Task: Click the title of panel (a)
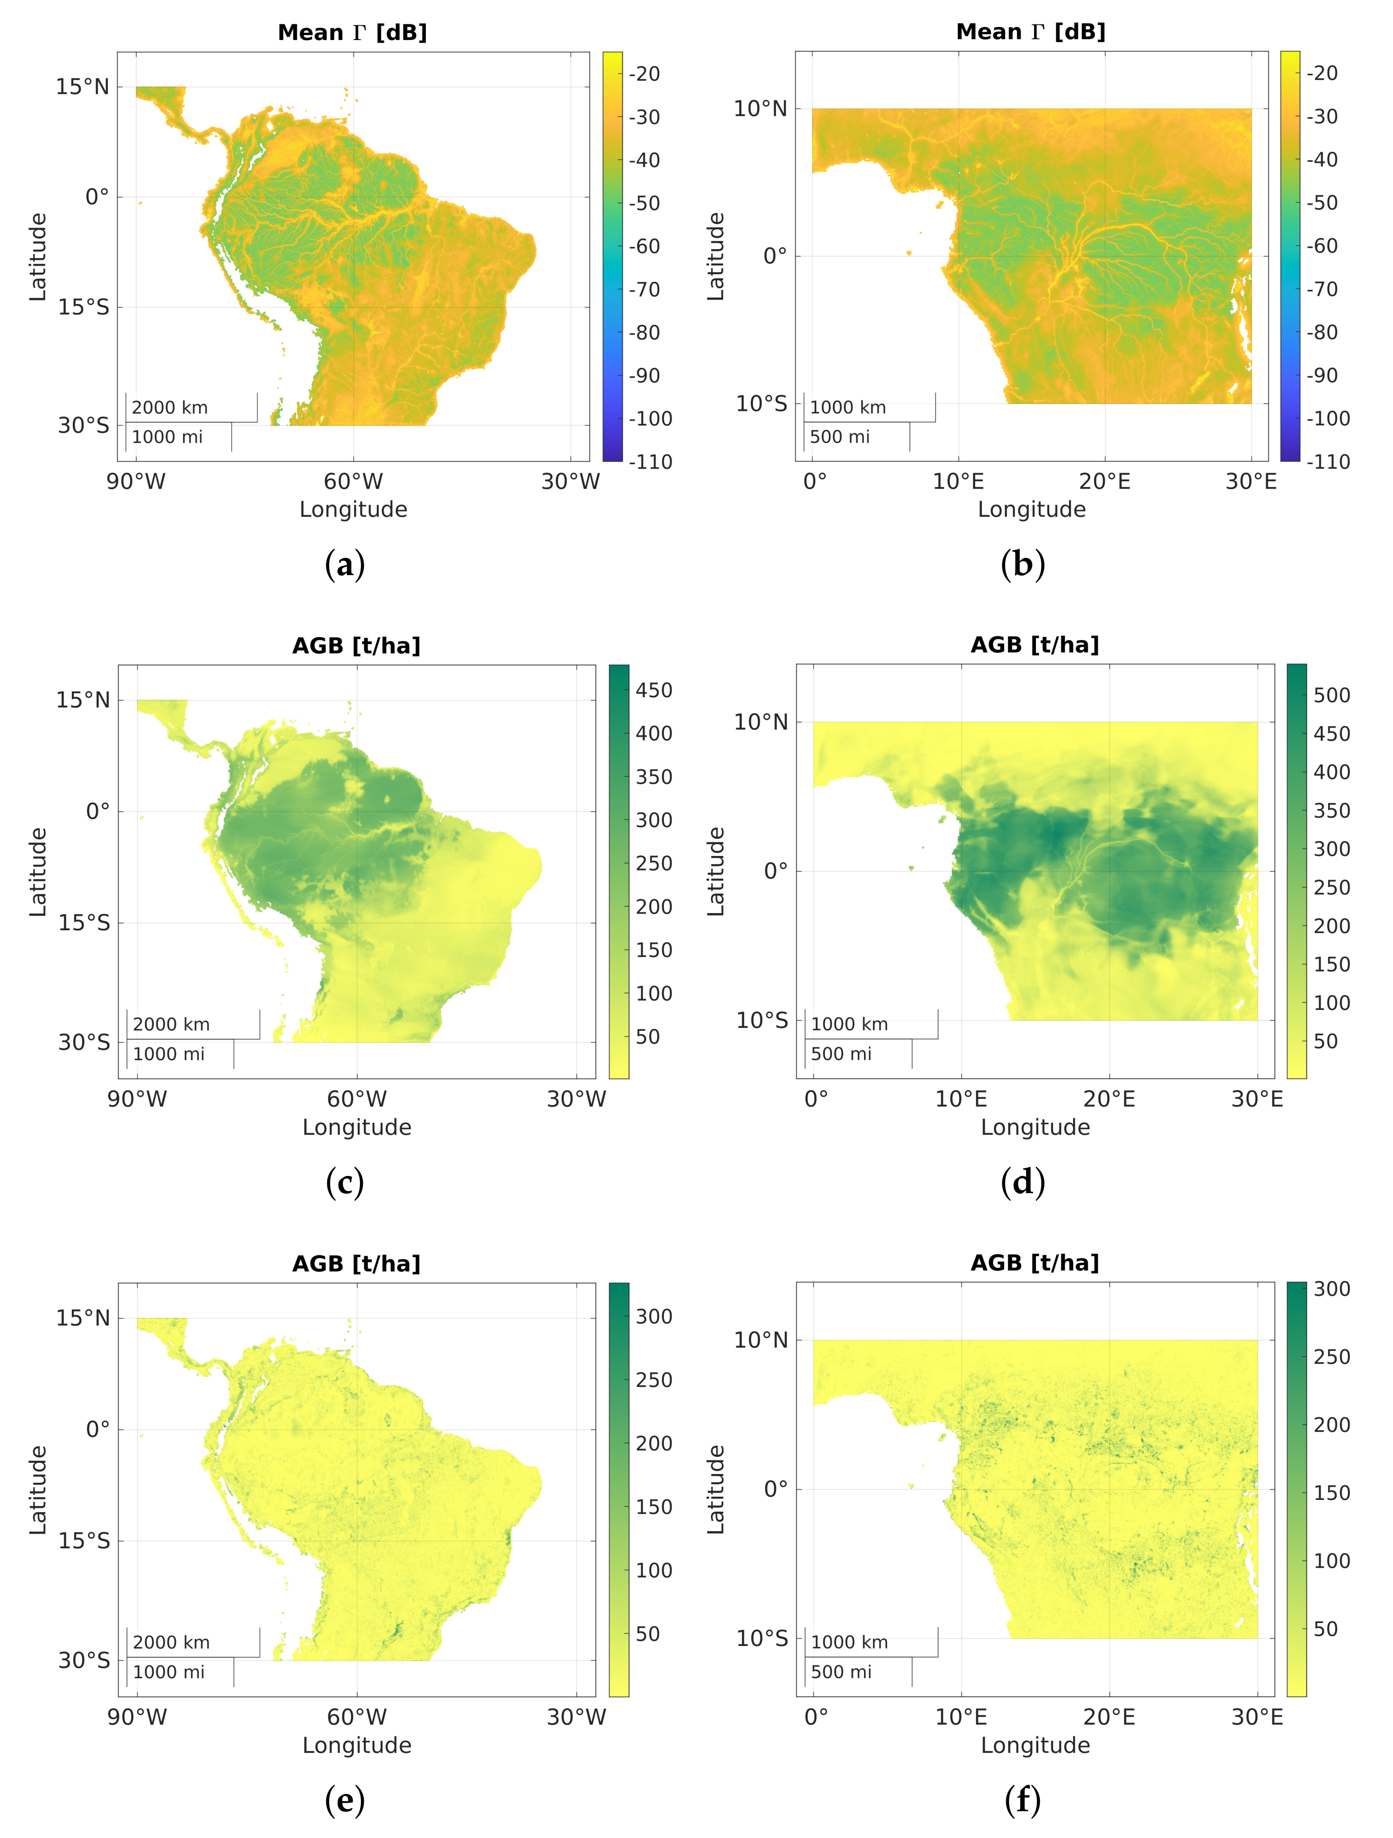pyautogui.click(x=352, y=32)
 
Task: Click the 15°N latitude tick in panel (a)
pyautogui.click(x=82, y=86)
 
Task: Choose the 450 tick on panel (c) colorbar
pyautogui.click(x=654, y=690)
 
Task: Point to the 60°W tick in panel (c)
pyautogui.click(x=357, y=1099)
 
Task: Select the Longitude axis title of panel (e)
pyautogui.click(x=357, y=1745)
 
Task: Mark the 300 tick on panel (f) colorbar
pyautogui.click(x=1331, y=1289)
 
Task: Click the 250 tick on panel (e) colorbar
pyautogui.click(x=654, y=1380)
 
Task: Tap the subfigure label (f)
pyautogui.click(x=1023, y=1800)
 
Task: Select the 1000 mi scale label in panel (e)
pyautogui.click(x=169, y=1672)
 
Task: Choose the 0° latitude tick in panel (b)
pyautogui.click(x=774, y=256)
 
